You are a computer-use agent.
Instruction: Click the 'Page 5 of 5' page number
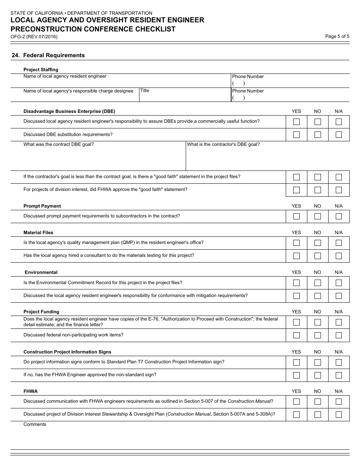tap(337, 36)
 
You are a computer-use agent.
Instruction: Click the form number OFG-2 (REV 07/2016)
tap(34, 37)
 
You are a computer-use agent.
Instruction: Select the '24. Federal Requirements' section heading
tap(48, 55)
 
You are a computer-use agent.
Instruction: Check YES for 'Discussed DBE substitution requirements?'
tap(296, 134)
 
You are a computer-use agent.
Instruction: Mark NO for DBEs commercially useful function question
tap(318, 122)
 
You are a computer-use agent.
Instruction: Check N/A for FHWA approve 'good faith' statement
tap(339, 190)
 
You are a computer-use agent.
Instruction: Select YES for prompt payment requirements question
tap(296, 216)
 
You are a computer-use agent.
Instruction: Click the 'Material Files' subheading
tap(38, 233)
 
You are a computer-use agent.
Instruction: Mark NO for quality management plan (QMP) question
tap(318, 243)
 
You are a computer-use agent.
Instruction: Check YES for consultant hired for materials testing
tap(296, 256)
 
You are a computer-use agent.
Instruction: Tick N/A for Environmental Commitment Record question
tap(339, 283)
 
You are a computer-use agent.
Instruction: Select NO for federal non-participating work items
tap(318, 335)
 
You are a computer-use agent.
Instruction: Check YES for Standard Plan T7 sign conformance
tap(296, 362)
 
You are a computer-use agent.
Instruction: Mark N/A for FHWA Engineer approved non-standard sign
tap(339, 375)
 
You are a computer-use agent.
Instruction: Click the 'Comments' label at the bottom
tap(35, 424)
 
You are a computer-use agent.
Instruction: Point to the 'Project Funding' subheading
tap(41, 312)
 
